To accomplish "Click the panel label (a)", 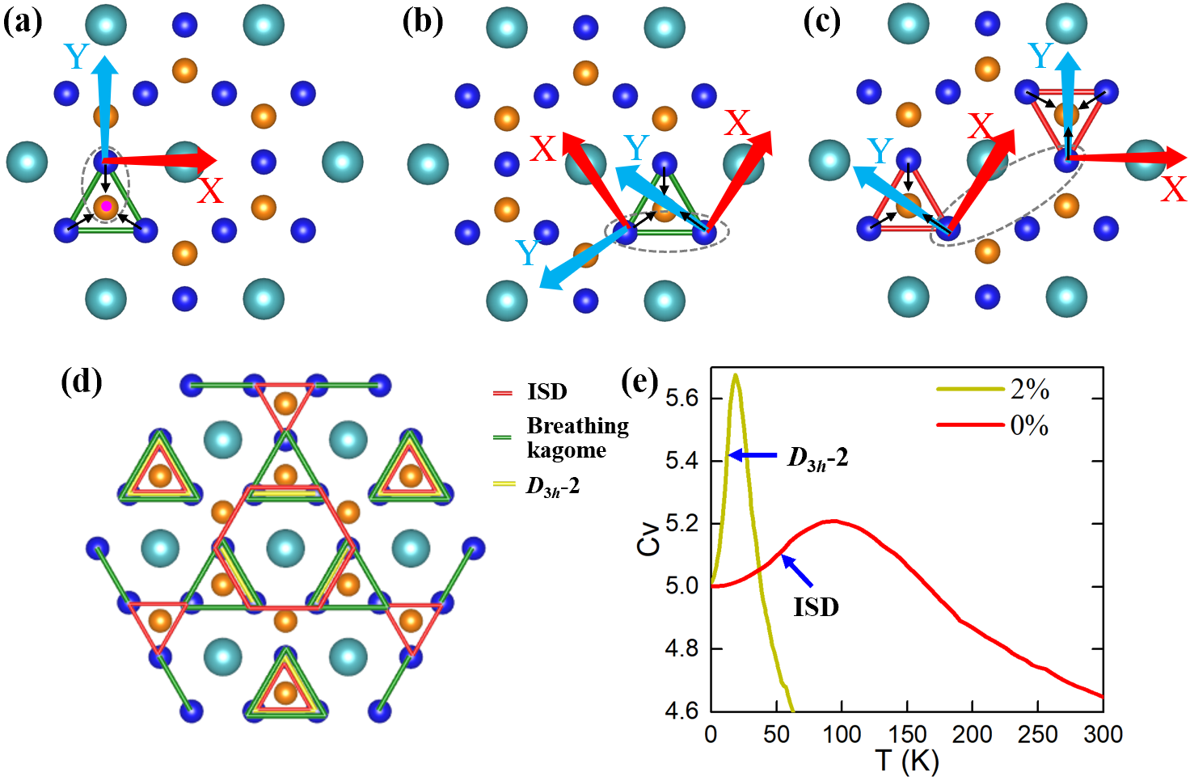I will [x=23, y=22].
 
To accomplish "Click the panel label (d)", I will [x=81, y=381].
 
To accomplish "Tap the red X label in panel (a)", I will [x=210, y=191].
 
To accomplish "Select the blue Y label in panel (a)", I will [x=76, y=57].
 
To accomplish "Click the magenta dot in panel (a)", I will [x=106, y=206].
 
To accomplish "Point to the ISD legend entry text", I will [x=547, y=392].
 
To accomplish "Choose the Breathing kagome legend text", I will [x=577, y=437].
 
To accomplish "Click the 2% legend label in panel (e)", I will [x=1029, y=390].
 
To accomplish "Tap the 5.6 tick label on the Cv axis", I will [x=682, y=399].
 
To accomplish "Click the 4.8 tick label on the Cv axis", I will [x=682, y=648].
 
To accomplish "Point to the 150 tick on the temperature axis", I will [x=907, y=734].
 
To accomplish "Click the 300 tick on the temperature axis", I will [x=1103, y=734].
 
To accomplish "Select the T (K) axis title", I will [x=907, y=762].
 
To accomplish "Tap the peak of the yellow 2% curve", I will [x=735, y=374].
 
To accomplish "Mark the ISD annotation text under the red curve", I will [x=816, y=606].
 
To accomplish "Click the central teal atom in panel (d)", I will [x=285, y=549].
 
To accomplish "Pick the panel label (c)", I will [x=821, y=22].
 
